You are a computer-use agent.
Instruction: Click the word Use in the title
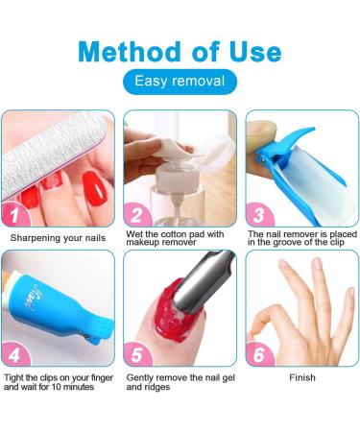[252, 50]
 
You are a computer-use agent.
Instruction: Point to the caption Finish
[302, 377]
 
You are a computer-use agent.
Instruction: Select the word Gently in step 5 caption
[142, 377]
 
